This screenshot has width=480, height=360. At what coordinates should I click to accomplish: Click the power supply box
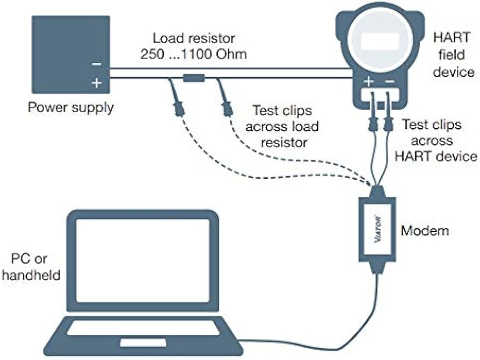click(x=70, y=54)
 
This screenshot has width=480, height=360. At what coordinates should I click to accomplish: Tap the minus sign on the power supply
click(x=97, y=64)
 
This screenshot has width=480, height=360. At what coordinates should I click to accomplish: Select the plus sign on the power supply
click(x=97, y=84)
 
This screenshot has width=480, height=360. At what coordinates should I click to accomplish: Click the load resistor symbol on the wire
click(x=193, y=79)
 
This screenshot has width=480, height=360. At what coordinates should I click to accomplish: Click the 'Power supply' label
click(x=71, y=107)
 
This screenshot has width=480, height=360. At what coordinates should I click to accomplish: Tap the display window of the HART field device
click(x=380, y=42)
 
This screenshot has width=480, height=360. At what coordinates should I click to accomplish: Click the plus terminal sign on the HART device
click(x=369, y=82)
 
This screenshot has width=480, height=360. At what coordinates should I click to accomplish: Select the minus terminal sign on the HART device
click(x=390, y=82)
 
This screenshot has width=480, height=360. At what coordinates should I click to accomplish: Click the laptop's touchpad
click(x=135, y=342)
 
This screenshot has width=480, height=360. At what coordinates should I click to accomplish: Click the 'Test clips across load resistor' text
click(x=282, y=127)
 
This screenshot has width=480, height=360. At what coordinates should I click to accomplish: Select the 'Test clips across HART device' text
click(x=439, y=141)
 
